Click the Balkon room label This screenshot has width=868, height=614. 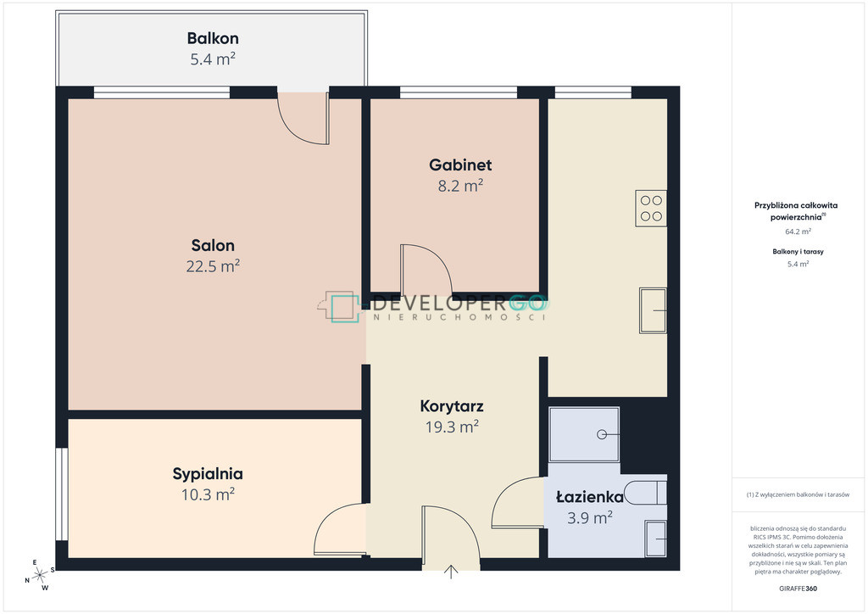point(213,38)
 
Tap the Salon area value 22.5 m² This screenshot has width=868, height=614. point(213,266)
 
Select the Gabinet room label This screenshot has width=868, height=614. point(460,165)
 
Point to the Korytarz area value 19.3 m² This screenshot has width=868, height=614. point(452,427)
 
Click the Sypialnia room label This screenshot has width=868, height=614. point(208,474)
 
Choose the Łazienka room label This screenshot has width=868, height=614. point(590,497)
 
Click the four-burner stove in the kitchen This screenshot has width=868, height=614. point(651,208)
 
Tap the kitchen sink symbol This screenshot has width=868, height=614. point(654,310)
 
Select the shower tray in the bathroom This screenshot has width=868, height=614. point(584,434)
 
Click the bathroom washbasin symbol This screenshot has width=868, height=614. point(656,539)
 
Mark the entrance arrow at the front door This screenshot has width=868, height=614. point(451,572)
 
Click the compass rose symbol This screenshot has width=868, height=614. point(40,576)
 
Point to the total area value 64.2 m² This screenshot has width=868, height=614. point(798,232)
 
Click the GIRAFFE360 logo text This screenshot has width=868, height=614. point(798,589)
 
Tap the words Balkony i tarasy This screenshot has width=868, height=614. point(798,251)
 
